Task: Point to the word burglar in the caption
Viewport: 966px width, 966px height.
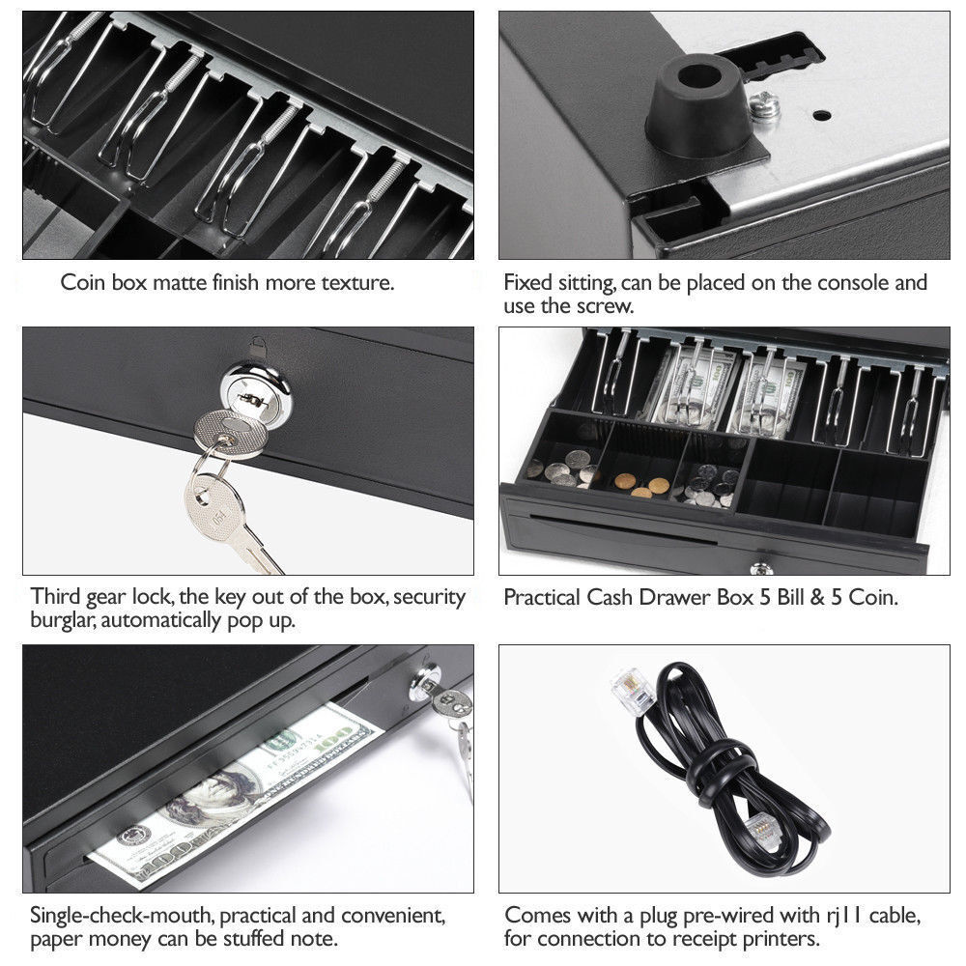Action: (67, 620)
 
